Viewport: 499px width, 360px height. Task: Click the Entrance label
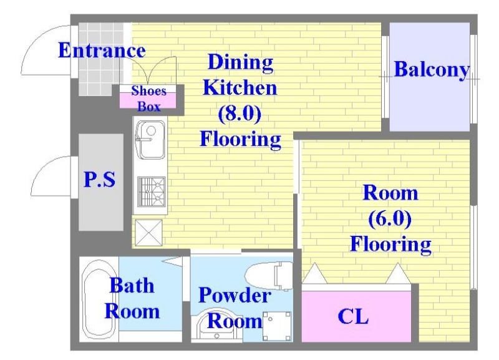(x=102, y=51)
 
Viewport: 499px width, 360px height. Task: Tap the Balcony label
(x=432, y=69)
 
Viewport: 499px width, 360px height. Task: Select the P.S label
(x=100, y=179)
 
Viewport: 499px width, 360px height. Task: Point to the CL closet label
(x=353, y=316)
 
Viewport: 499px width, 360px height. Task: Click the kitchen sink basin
(x=150, y=140)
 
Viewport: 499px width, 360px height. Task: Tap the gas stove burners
(x=151, y=192)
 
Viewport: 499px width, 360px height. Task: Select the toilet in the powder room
(x=269, y=276)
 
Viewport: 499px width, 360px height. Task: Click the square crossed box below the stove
(x=148, y=233)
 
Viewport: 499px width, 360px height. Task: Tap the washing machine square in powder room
(x=277, y=326)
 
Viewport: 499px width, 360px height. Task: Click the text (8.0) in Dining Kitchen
(x=240, y=114)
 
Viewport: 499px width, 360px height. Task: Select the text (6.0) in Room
(x=390, y=218)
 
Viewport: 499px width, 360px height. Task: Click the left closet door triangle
(x=315, y=273)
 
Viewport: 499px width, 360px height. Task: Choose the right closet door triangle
(x=398, y=273)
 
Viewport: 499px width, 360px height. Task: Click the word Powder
(x=235, y=295)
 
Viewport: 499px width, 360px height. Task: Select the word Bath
(x=132, y=286)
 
